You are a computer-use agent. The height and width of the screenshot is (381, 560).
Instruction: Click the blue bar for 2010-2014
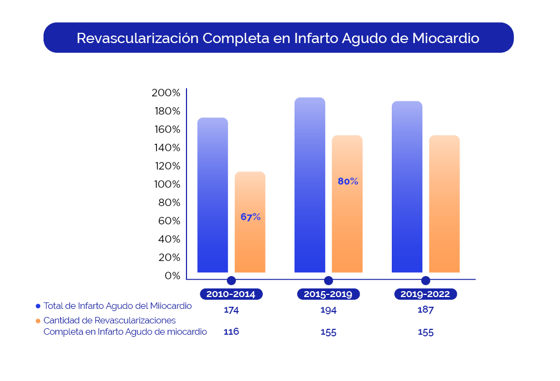(213, 195)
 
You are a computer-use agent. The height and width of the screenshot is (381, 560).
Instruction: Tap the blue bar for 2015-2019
(310, 185)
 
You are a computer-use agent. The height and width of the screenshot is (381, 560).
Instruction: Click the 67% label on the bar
(250, 217)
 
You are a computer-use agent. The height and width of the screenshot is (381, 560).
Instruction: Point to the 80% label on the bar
(348, 181)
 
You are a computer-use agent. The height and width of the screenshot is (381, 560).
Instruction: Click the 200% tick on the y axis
(166, 93)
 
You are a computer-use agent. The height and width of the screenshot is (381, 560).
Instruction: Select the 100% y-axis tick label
(166, 185)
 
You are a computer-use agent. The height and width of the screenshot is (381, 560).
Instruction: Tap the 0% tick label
(173, 276)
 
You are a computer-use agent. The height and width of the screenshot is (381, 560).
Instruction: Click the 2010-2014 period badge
(231, 294)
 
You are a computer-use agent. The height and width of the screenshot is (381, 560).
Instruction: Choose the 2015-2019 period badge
(328, 294)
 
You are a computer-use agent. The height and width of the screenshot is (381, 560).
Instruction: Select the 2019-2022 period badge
(425, 294)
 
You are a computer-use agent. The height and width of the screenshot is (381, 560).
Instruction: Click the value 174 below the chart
(231, 310)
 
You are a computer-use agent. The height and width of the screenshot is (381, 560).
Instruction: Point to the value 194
(328, 310)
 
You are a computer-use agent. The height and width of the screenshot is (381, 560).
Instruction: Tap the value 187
(425, 309)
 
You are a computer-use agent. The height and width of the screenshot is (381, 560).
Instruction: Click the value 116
(231, 331)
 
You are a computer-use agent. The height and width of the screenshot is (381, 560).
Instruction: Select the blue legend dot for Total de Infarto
(38, 306)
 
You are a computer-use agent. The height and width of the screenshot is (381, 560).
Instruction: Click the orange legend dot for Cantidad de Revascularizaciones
(38, 321)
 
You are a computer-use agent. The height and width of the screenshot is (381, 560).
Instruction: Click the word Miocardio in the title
(446, 38)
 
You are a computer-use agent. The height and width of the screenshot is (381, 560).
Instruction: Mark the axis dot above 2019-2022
(426, 280)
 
